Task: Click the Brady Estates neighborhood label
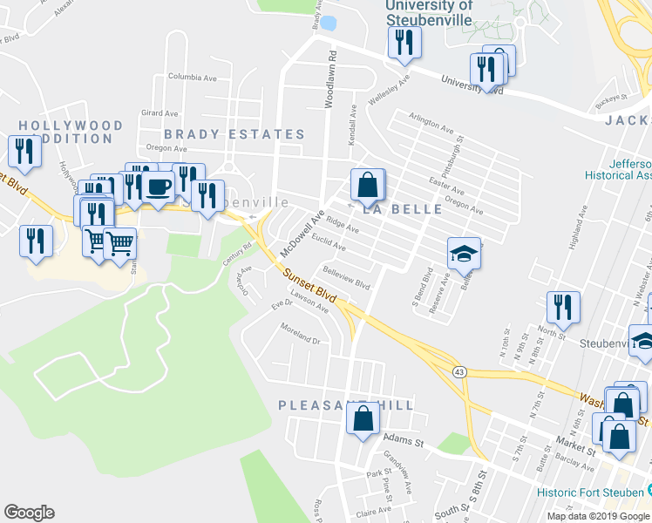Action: tap(234, 134)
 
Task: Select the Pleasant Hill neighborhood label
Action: tap(345, 405)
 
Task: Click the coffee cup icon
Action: tap(158, 187)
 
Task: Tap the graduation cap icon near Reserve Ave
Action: tap(464, 254)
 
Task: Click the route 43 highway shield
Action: tap(458, 372)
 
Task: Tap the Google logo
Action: tap(29, 513)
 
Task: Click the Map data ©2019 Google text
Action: tap(598, 516)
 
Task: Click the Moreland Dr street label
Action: tap(301, 333)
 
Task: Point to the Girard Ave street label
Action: tap(159, 113)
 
